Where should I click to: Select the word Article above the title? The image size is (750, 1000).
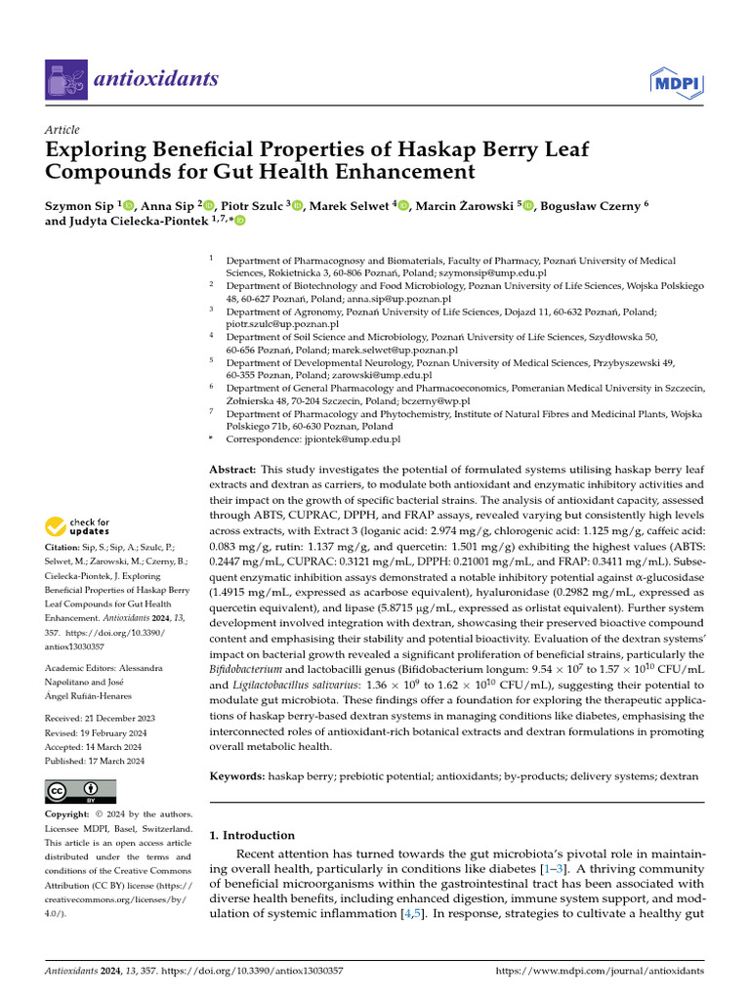[62, 130]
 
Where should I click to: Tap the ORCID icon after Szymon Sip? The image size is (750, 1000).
[128, 205]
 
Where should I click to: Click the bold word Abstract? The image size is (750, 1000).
[233, 470]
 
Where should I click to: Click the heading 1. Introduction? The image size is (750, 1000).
[252, 835]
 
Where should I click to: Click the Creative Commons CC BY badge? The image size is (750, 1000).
[80, 791]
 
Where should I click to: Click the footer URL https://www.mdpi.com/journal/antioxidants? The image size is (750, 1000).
[600, 971]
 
